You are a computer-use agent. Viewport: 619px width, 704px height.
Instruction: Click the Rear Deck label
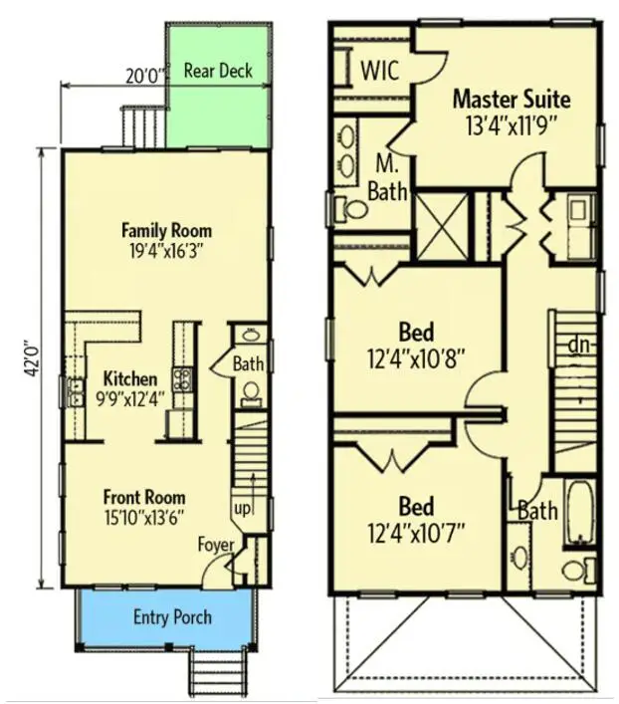(218, 71)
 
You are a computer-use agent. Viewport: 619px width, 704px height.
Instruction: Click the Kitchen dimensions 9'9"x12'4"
(129, 398)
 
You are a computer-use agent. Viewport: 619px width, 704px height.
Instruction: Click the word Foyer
(215, 545)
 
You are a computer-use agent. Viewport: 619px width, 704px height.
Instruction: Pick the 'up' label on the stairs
(242, 509)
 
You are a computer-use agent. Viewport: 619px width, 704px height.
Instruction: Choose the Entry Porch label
(172, 617)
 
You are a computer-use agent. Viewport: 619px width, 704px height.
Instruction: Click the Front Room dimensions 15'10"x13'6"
(144, 516)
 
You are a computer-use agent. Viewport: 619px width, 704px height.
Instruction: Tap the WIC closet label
(380, 70)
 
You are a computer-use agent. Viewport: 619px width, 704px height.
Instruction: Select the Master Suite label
(512, 99)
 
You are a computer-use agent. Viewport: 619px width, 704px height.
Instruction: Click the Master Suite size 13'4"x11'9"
(511, 125)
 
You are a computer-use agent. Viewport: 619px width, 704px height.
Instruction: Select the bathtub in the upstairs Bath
(580, 513)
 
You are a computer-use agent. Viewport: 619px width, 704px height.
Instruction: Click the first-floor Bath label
(248, 364)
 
